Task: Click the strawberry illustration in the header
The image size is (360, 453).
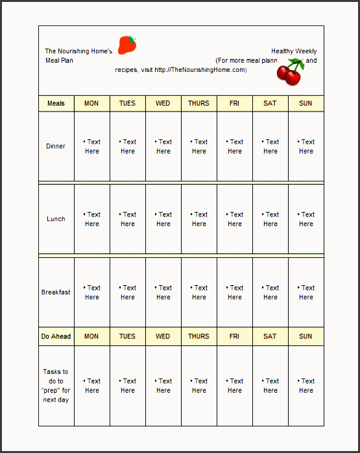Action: coord(128,45)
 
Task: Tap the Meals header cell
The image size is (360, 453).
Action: coord(56,103)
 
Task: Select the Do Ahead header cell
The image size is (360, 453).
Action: coord(56,336)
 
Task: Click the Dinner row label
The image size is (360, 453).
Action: coord(56,146)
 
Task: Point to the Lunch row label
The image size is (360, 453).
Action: coord(56,219)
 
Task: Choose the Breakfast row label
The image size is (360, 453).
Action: coord(56,292)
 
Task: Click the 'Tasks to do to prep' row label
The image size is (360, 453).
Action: coord(56,386)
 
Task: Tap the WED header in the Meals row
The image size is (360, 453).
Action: coord(163,103)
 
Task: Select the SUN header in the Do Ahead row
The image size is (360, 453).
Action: coord(306,336)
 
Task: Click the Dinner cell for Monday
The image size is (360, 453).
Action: coord(92,146)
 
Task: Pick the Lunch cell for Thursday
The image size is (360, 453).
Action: coord(199,219)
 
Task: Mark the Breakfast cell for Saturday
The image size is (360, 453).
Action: coord(270,292)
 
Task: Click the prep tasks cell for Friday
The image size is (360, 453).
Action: coord(235,386)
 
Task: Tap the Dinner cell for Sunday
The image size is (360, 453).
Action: coord(306,146)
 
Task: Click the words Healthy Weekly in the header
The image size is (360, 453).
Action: coord(294,51)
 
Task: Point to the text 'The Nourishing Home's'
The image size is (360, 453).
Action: coord(78,51)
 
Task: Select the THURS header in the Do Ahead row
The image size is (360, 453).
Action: coord(198,336)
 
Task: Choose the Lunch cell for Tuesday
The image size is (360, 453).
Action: coord(128,219)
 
